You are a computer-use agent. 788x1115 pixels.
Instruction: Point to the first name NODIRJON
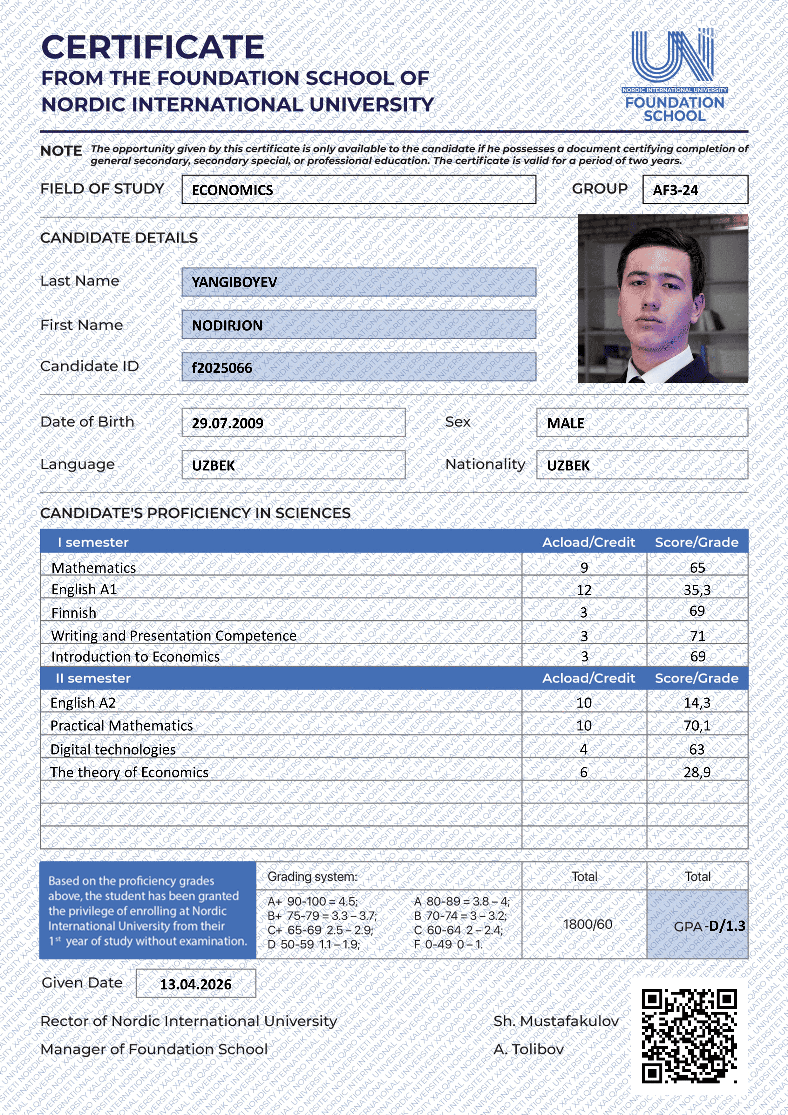coord(227,325)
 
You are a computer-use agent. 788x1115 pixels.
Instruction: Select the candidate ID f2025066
coord(222,368)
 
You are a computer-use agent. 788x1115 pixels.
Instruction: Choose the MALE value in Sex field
coord(565,423)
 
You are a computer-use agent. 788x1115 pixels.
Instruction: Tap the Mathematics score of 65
coord(697,568)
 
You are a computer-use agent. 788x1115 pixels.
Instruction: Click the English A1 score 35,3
coord(697,590)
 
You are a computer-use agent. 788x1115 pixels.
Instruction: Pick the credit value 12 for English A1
coord(584,590)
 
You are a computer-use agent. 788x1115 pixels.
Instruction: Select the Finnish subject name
coord(74,613)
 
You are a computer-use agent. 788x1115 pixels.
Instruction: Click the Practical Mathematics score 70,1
coord(697,726)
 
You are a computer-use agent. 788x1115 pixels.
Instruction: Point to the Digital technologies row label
coord(113,749)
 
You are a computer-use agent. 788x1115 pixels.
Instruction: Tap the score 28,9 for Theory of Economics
coord(697,772)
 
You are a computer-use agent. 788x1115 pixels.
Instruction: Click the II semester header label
coord(93,678)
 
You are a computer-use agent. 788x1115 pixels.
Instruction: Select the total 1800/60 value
coord(588,924)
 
